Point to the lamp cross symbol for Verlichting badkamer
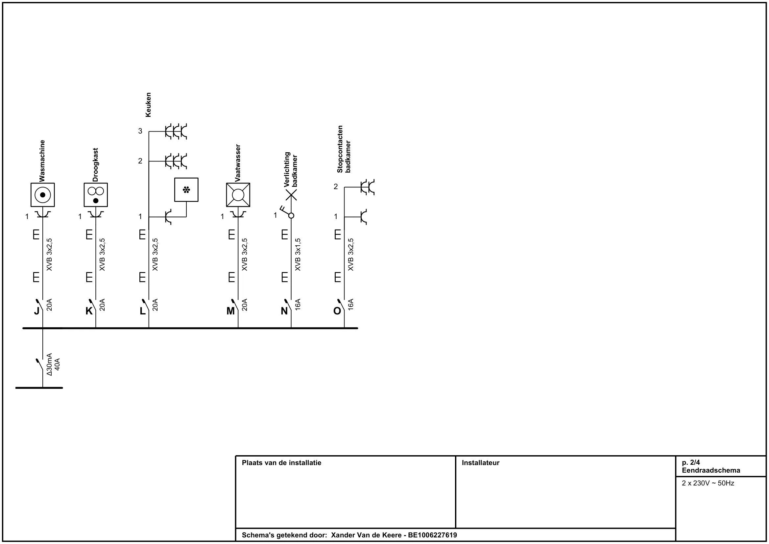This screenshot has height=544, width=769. coord(291,195)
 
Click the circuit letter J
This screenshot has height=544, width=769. coord(36,311)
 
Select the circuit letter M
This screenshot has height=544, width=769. coord(230,311)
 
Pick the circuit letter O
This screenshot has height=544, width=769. coord(337,311)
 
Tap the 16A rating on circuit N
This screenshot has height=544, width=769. coord(298,305)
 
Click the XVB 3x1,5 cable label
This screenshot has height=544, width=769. coord(298,255)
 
